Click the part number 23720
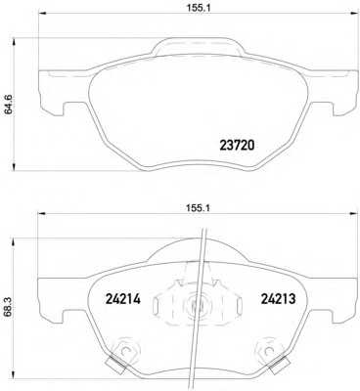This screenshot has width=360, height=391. click(237, 146)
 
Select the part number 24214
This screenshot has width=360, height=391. click(123, 298)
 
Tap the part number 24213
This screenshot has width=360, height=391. click(278, 298)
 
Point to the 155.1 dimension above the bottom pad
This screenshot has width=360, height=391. click(199, 208)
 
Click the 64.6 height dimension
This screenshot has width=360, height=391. click(8, 104)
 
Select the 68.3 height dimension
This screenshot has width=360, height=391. click(7, 308)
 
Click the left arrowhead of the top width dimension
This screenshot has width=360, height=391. click(43, 14)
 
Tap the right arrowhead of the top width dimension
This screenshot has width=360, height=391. click(353, 14)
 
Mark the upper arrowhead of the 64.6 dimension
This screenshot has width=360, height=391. click(14, 42)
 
